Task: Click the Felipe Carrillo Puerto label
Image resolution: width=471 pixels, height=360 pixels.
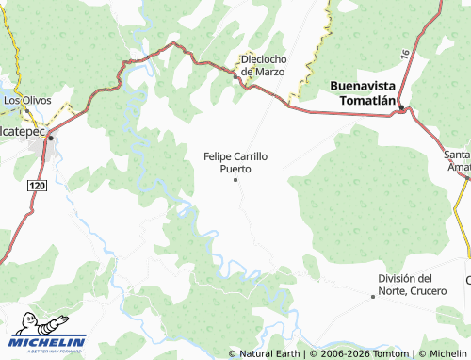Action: click(235, 162)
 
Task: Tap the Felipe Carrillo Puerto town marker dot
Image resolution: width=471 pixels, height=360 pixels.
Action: click(235, 180)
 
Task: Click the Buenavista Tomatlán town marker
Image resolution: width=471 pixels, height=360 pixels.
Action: click(401, 108)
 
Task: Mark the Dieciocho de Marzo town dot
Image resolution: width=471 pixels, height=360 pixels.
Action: click(235, 77)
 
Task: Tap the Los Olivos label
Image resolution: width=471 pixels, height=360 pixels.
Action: click(25, 99)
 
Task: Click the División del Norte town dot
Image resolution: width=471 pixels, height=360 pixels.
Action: click(373, 296)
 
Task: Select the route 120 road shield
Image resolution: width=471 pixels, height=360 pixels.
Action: click(37, 188)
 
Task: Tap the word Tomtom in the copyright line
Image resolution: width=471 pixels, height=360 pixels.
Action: click(373, 353)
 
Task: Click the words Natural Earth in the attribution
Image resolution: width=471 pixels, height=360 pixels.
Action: click(268, 353)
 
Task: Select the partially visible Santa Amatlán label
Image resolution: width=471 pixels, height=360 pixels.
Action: click(458, 159)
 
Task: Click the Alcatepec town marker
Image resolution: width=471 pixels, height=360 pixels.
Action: click(50, 139)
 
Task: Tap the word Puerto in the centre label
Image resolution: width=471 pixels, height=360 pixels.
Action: click(235, 170)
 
